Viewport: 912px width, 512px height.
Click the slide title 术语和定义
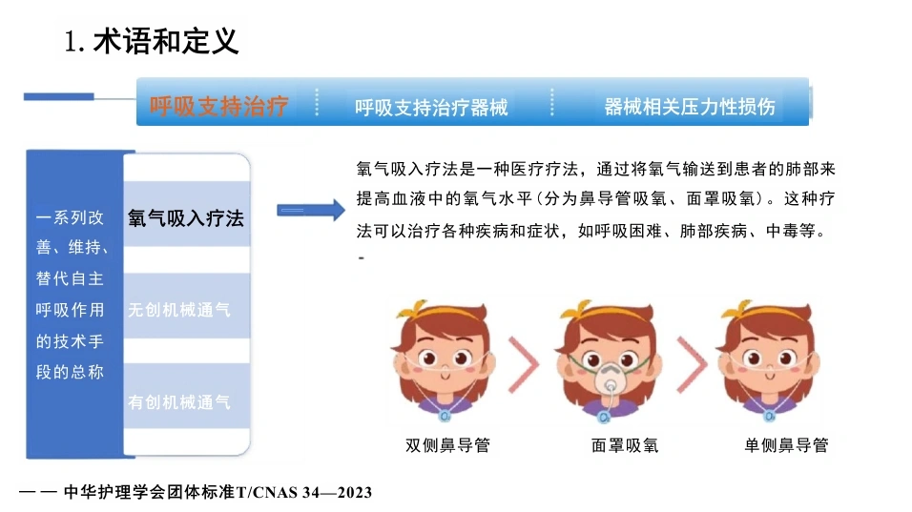166,41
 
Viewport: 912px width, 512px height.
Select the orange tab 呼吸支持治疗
218,107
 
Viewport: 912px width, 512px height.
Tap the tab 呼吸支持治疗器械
431,107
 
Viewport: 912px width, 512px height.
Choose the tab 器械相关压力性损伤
689,107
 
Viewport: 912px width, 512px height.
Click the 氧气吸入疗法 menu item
185,218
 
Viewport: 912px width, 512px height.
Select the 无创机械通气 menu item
179,309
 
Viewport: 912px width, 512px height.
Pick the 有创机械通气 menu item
179,401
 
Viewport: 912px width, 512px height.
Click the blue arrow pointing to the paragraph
311,210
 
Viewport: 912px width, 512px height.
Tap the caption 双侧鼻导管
447,445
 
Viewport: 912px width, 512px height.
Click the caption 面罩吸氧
625,445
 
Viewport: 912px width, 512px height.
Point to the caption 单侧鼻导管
786,445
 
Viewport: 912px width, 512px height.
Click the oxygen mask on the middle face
611,379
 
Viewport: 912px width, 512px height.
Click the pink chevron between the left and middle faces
525,364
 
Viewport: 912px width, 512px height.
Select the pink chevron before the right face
693,364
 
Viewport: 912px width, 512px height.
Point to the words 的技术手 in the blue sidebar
70,340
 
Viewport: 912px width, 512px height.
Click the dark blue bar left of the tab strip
59,96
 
